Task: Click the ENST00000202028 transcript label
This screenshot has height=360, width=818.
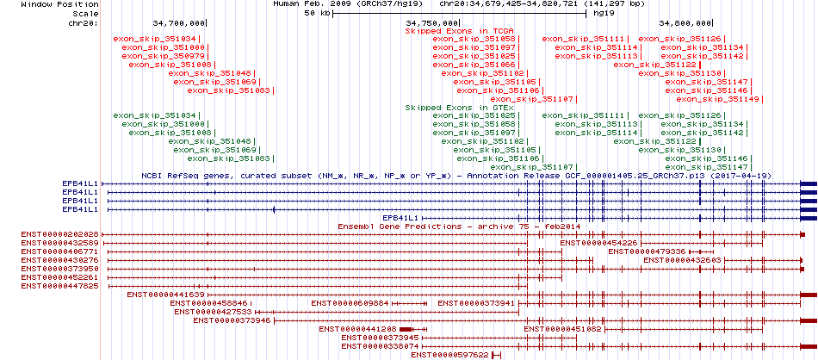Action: pyautogui.click(x=60, y=234)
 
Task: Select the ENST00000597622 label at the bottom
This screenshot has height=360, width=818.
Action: pyautogui.click(x=449, y=355)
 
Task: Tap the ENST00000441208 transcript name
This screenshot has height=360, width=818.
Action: pyautogui.click(x=358, y=329)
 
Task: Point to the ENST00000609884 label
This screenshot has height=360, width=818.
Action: pyautogui.click(x=350, y=303)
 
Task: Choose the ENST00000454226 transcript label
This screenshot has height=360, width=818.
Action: pyautogui.click(x=599, y=243)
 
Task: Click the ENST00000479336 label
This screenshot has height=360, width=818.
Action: pyautogui.click(x=647, y=251)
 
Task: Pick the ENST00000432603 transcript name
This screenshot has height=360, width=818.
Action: pyautogui.click(x=682, y=260)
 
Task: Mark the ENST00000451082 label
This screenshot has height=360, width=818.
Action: pyautogui.click(x=563, y=329)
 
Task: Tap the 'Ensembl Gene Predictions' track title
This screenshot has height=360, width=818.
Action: pyautogui.click(x=400, y=227)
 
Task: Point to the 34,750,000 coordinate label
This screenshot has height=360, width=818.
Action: pyautogui.click(x=431, y=23)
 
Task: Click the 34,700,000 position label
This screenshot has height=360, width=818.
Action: pyautogui.click(x=178, y=23)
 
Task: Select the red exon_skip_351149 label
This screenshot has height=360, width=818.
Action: pyautogui.click(x=718, y=98)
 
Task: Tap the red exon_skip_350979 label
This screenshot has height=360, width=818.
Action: pyautogui.click(x=163, y=56)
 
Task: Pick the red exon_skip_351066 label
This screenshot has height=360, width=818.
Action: pyautogui.click(x=474, y=65)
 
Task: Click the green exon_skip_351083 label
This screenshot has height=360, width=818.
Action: pyautogui.click(x=228, y=158)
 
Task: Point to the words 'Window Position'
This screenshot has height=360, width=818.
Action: pyautogui.click(x=60, y=4)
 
